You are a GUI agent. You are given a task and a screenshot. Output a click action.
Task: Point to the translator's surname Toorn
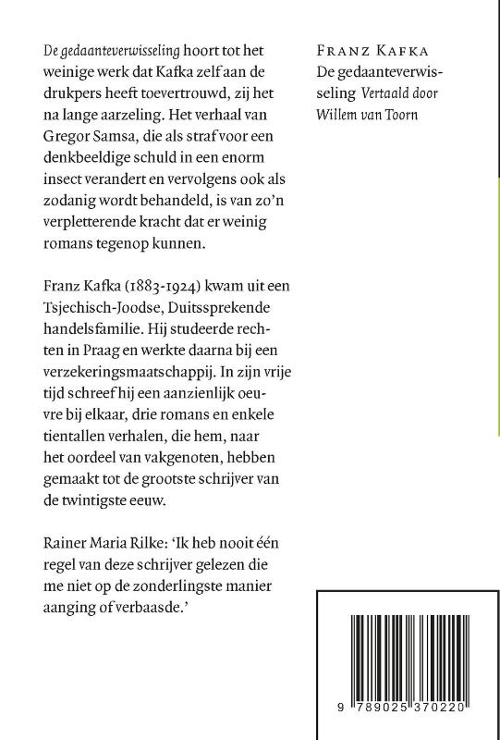tap(402, 115)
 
